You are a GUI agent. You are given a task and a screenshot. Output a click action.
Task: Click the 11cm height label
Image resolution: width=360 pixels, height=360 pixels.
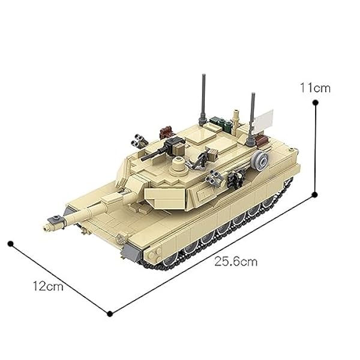(316, 88)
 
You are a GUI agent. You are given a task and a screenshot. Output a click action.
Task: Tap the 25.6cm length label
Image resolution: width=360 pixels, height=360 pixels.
(236, 262)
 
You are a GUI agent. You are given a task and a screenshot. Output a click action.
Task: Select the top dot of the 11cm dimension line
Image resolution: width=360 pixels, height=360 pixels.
(316, 102)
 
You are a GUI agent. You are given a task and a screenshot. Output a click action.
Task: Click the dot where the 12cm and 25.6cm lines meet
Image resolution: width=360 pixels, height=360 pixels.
(109, 313)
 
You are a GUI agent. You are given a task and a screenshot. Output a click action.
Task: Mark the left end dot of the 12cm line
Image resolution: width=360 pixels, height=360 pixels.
(10, 243)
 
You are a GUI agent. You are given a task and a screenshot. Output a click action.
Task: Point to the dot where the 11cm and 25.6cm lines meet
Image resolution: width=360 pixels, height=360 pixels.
(316, 194)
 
